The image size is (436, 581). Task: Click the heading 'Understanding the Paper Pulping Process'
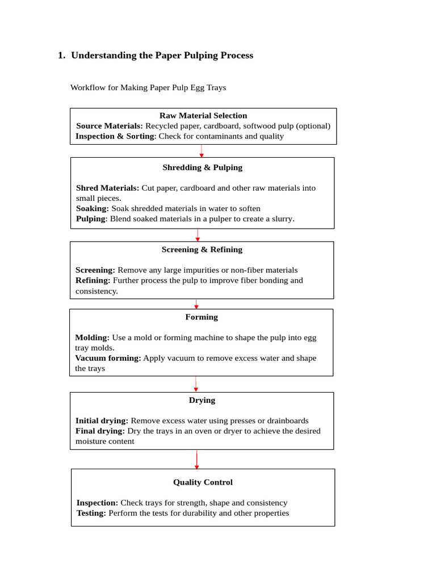tap(162, 56)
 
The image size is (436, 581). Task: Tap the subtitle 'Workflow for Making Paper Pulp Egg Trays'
tap(148, 87)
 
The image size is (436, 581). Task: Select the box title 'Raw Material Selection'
tap(203, 116)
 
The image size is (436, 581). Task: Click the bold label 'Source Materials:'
tap(109, 126)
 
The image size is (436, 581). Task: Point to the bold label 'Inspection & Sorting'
tap(115, 136)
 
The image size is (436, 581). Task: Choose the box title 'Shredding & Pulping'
tap(202, 167)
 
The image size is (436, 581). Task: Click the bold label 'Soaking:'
tap(92, 208)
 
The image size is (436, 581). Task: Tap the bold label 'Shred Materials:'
tap(107, 188)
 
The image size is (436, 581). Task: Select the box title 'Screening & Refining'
tap(202, 250)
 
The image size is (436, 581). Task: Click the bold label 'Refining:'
tap(93, 280)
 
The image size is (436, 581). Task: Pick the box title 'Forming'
tap(202, 317)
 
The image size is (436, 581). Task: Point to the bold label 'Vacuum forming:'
tap(108, 358)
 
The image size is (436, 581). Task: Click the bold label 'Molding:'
tap(92, 338)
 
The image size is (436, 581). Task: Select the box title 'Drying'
tap(202, 400)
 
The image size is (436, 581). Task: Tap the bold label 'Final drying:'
tap(100, 431)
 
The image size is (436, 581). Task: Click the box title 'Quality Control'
tap(203, 482)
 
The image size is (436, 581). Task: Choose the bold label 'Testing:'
tap(91, 513)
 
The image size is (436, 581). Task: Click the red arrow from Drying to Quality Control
tap(197, 460)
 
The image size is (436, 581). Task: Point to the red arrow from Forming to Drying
tap(196, 384)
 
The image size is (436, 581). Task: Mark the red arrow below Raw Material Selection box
tap(202, 151)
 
